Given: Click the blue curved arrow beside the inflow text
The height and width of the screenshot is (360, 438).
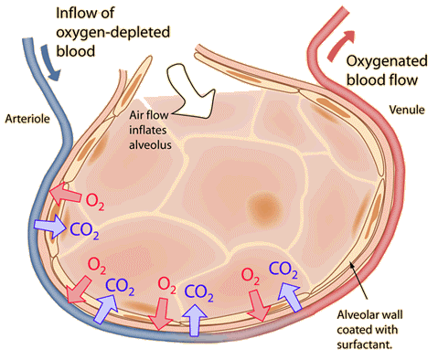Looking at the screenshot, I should tap(51, 45).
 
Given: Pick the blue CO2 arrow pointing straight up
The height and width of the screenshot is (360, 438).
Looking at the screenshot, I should tap(195, 314).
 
